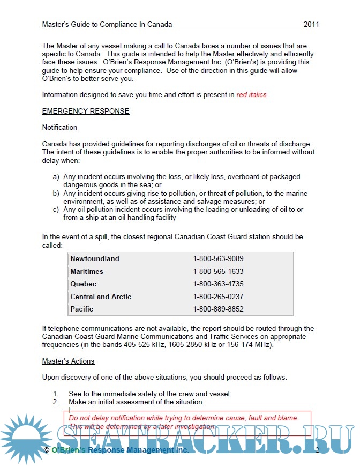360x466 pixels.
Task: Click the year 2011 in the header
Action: tap(312, 25)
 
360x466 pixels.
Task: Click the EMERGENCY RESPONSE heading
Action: tap(86, 112)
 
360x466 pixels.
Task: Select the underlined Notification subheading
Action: tap(59, 128)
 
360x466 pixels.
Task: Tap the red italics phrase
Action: tap(252, 95)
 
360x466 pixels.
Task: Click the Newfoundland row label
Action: tap(95, 258)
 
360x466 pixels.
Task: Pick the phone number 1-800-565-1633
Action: tap(218, 271)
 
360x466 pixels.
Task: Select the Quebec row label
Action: tap(84, 284)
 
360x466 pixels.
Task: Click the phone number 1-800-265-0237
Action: tap(218, 297)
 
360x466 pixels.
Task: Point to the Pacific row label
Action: tap(82, 309)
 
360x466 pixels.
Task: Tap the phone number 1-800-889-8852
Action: tap(218, 309)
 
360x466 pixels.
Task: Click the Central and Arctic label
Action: tap(101, 297)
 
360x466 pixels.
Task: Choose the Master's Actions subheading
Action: tap(68, 361)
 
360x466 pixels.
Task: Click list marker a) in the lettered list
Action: tap(56, 176)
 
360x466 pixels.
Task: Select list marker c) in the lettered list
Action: tap(56, 210)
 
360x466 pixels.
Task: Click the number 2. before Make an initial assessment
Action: tap(56, 402)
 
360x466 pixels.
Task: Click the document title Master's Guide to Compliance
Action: tap(107, 25)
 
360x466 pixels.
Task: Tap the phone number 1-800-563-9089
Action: tap(218, 258)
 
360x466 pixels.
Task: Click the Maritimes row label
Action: tap(87, 271)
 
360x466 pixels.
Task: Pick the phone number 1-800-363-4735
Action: tap(218, 284)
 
